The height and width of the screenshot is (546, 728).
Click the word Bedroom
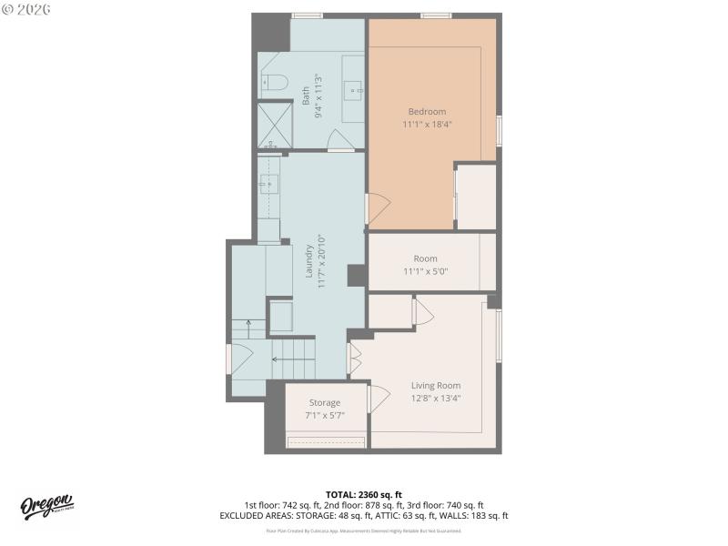point(427,111)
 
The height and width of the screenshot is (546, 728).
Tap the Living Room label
point(436,385)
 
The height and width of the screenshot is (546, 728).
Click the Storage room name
point(324,402)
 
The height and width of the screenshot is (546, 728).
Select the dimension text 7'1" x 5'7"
point(324,415)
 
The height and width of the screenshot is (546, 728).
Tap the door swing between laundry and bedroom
point(378,208)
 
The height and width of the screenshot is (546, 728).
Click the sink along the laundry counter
point(267,184)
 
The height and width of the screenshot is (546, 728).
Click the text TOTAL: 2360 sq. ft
point(363,494)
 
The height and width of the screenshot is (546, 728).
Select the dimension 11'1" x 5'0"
point(425,271)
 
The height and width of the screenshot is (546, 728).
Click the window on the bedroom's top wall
point(436,15)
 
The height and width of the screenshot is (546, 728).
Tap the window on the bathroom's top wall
point(307,15)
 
